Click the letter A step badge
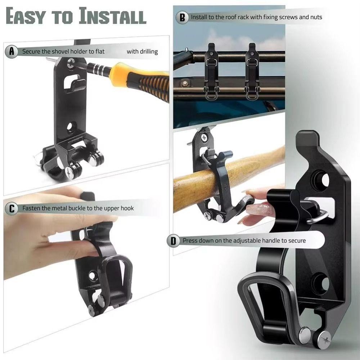point(11,51)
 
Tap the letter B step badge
point(182,17)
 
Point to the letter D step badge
point(173,241)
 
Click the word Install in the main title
point(112,16)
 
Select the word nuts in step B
point(316,17)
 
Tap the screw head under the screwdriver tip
point(71,63)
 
